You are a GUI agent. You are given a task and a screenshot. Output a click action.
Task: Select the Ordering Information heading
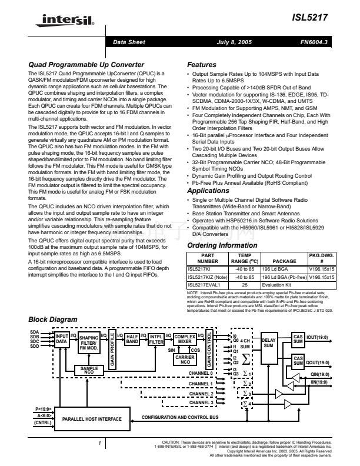coord(222,245)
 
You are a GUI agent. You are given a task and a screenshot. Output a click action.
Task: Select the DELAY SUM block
coord(268,342)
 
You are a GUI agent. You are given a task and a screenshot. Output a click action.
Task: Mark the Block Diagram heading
coord(53,320)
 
